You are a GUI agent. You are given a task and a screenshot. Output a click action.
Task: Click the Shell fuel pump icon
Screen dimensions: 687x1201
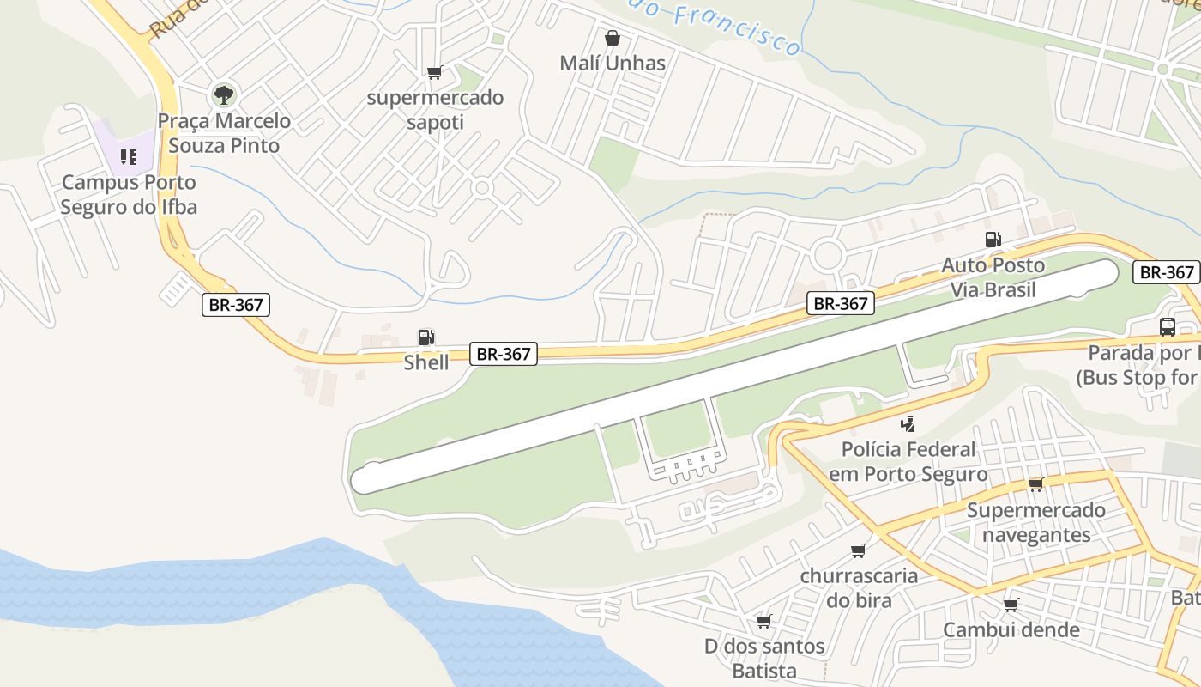(x=426, y=337)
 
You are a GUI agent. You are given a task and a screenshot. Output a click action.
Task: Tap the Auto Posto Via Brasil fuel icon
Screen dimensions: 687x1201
(x=993, y=240)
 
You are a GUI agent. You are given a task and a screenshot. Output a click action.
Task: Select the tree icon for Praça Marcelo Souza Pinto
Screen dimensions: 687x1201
(x=224, y=94)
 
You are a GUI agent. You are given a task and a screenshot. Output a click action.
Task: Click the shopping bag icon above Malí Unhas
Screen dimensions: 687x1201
(x=612, y=38)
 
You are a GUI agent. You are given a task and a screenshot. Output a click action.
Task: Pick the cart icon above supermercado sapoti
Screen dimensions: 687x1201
(x=434, y=72)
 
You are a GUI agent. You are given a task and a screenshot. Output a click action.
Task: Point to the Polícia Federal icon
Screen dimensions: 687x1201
(x=908, y=423)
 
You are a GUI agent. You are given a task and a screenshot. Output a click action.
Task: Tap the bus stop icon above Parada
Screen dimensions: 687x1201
(x=1167, y=326)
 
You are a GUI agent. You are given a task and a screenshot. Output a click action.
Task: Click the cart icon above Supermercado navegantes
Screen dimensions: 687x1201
(x=1035, y=484)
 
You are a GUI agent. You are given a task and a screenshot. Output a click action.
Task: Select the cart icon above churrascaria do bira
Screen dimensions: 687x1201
(x=858, y=550)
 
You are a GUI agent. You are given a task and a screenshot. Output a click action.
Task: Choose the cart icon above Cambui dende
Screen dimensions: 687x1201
(x=1011, y=605)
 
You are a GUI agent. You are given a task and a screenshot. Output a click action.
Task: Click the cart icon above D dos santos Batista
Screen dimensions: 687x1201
(x=763, y=621)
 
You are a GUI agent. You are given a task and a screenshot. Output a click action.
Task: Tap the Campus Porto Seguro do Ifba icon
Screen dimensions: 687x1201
(x=129, y=157)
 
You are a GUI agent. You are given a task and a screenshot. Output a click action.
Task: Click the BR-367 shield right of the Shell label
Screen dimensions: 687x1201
(x=504, y=353)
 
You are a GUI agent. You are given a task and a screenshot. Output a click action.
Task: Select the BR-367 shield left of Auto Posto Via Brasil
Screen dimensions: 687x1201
(x=841, y=303)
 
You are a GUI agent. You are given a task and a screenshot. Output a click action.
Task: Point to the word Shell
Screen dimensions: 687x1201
(x=426, y=362)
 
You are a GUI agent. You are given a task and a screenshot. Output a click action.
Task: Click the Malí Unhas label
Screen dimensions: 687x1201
(x=612, y=63)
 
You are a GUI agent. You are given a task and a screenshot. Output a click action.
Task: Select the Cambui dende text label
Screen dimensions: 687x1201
(x=1011, y=629)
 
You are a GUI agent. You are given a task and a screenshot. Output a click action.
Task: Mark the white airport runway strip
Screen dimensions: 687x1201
(x=738, y=378)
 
